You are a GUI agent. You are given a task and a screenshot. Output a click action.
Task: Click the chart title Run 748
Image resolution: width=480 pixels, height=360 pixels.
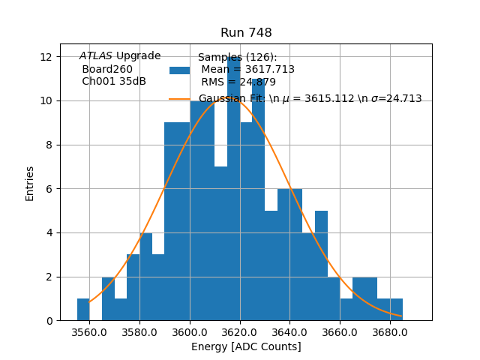(246, 33)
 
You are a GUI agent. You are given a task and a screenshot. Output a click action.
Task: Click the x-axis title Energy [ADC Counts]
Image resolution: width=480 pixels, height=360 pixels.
(246, 346)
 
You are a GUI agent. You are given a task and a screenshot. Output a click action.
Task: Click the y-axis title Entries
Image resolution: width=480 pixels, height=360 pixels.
(30, 183)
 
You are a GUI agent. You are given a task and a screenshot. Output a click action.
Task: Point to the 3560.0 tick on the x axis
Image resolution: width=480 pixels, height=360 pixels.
(89, 331)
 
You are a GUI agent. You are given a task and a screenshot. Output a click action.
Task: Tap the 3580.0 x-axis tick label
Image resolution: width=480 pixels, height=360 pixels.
(139, 331)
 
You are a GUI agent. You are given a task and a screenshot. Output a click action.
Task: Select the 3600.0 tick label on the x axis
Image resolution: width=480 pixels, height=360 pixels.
(190, 331)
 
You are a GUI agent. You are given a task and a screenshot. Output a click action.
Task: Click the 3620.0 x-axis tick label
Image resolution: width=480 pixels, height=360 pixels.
(240, 331)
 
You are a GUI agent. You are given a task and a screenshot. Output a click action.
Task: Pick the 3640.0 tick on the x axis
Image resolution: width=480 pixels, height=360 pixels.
(289, 331)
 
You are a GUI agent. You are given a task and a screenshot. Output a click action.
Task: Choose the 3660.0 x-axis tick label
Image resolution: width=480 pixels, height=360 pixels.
(340, 331)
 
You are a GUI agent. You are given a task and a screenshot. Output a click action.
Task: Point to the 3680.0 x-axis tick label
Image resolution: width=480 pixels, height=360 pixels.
(390, 331)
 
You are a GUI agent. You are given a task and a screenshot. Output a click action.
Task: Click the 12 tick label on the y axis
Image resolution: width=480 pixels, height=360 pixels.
(46, 57)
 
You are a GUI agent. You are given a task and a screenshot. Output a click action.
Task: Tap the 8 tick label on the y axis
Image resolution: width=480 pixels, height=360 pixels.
(49, 145)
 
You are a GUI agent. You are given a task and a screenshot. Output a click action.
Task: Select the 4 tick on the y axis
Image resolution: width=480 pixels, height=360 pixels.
(49, 232)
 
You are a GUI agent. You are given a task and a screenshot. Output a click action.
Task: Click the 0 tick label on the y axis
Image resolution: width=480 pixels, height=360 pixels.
(49, 320)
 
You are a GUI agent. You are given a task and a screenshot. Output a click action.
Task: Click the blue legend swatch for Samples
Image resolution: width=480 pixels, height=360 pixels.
(179, 70)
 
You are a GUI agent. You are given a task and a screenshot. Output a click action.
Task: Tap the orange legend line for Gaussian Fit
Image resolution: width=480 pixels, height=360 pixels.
(179, 98)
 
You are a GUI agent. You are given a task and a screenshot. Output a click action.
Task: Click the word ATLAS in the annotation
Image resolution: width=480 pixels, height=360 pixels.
(96, 56)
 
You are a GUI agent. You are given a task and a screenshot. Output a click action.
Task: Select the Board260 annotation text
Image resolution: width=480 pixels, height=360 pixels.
(107, 69)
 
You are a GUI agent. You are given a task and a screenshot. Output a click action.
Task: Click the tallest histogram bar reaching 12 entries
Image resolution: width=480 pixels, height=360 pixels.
(233, 187)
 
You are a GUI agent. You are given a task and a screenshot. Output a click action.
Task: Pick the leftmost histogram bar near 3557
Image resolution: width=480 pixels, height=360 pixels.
(83, 310)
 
